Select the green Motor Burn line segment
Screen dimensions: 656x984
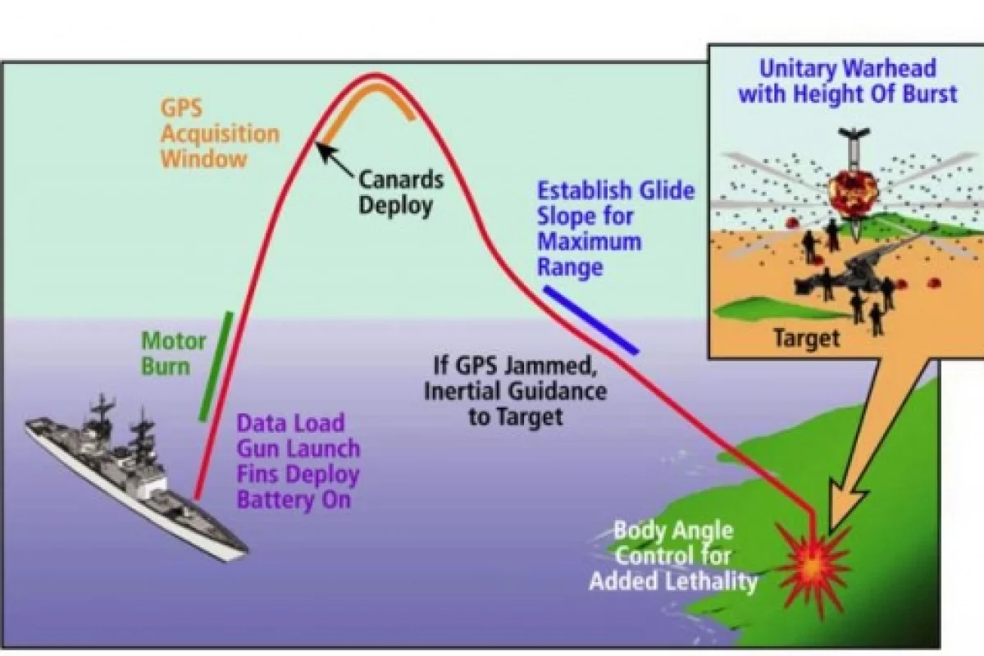(x=216, y=366)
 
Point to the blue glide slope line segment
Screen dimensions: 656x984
(x=590, y=321)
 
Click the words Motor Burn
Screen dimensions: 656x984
(x=174, y=353)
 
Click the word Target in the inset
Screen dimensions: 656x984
(x=806, y=338)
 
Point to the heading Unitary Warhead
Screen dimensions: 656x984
(x=847, y=69)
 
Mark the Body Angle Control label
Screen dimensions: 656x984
(x=673, y=556)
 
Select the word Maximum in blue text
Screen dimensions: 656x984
(x=588, y=242)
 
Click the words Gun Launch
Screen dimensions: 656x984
(x=298, y=449)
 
